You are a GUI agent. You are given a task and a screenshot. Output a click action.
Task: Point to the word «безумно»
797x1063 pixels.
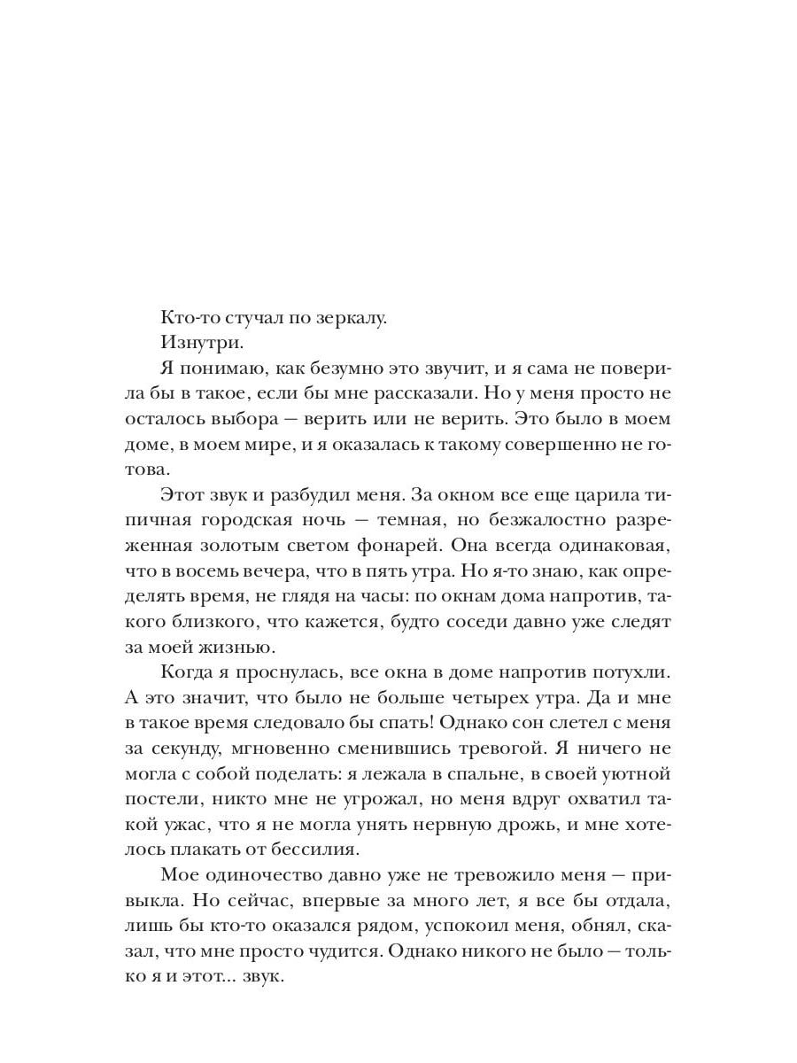[x=354, y=366]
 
